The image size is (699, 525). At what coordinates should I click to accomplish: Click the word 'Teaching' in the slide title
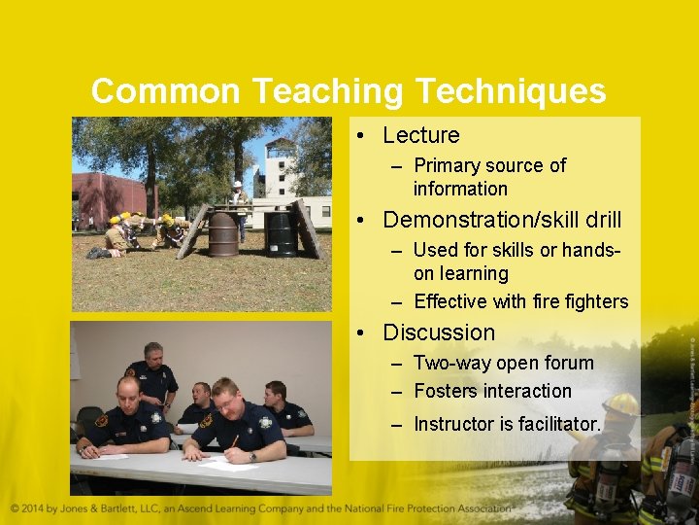coord(329,91)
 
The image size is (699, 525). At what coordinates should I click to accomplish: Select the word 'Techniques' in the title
coord(511,91)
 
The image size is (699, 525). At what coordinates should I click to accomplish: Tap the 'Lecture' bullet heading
coord(420,135)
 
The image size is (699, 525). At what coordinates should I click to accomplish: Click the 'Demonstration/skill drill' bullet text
coord(502,220)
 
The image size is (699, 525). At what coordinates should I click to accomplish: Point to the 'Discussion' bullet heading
coord(439,332)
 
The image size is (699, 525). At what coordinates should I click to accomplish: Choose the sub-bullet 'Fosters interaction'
coord(492,391)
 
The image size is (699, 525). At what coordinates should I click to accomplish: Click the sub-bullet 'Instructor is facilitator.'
coord(507,424)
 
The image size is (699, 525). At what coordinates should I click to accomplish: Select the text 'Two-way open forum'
coord(503,363)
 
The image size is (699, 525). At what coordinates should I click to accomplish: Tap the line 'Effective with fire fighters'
coord(520,301)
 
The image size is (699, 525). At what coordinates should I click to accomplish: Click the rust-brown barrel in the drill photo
coord(222,234)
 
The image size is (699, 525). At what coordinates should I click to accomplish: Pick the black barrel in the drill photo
coord(282,234)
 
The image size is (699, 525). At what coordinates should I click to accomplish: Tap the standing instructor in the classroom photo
coord(152,374)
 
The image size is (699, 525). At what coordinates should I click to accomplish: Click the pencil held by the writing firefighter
coord(233,441)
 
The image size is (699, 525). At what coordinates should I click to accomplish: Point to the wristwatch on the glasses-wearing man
coord(251,456)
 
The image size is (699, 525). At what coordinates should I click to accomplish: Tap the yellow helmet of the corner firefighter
coord(621,403)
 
